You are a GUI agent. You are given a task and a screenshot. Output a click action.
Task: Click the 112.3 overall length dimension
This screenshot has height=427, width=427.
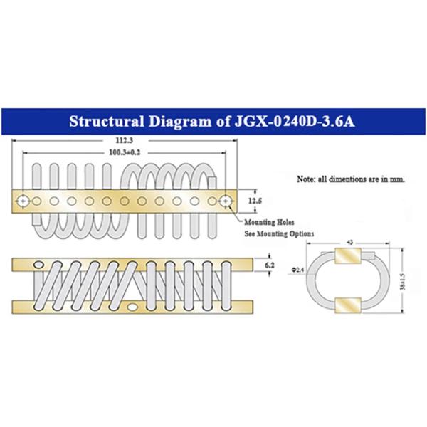click(x=124, y=140)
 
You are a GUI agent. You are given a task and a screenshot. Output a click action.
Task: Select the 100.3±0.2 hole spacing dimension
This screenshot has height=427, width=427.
click(x=125, y=152)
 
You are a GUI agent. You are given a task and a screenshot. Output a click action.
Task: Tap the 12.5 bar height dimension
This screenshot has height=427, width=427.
click(x=255, y=201)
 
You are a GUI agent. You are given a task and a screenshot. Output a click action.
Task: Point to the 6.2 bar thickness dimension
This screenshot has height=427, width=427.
click(x=270, y=265)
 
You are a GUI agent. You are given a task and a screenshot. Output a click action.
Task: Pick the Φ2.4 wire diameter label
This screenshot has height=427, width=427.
click(x=298, y=270)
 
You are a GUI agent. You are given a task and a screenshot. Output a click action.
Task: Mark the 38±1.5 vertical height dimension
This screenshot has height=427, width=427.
click(x=403, y=281)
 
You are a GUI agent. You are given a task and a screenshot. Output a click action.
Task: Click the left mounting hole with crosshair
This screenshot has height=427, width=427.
click(x=23, y=201)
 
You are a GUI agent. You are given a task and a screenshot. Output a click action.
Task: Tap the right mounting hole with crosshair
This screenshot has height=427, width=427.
click(x=226, y=201)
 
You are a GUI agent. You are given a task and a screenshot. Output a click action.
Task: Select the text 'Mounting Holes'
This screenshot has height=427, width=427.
click(x=269, y=222)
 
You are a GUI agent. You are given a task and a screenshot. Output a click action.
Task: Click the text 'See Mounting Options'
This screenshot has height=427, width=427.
click(x=279, y=233)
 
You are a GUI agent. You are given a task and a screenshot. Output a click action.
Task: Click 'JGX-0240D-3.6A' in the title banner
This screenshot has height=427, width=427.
click(x=295, y=121)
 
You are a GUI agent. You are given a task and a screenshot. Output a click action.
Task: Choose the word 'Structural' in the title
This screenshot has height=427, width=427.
click(x=107, y=121)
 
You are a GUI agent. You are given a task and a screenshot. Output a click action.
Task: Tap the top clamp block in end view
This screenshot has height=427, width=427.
click(x=348, y=255)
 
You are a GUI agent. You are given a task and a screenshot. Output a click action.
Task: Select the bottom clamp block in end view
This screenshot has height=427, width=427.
click(x=348, y=305)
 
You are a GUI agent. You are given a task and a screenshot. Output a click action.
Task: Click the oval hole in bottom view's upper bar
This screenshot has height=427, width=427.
click(x=38, y=265)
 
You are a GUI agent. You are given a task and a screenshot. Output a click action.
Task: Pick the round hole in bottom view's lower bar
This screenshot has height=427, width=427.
click(x=132, y=307)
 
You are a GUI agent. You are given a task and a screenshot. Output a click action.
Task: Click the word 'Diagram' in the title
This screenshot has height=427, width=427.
click(x=180, y=122)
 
